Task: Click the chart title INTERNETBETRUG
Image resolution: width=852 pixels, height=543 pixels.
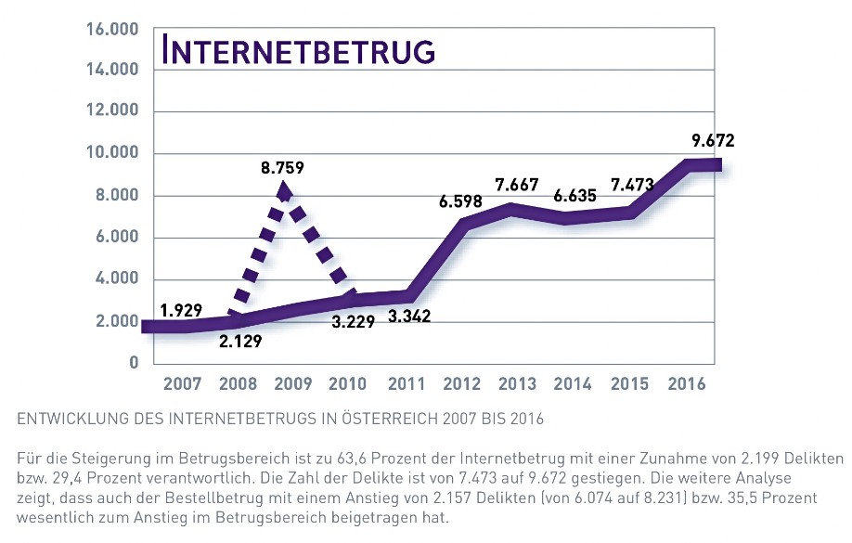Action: coord(299,51)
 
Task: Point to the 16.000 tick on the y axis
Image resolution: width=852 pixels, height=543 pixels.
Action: coord(112,30)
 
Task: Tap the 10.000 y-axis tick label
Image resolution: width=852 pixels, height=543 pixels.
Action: coord(112,153)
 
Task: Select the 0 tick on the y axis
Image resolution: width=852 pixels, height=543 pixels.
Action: coord(134,363)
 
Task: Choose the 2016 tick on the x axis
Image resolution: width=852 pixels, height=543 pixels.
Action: coord(687,384)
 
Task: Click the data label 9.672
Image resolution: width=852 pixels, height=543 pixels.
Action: coord(713,142)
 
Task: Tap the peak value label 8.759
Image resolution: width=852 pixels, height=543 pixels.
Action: coord(283,169)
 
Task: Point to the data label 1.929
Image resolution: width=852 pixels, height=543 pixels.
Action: coord(181,310)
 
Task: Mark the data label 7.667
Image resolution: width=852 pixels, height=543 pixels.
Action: coord(518,185)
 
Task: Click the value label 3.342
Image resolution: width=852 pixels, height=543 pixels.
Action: coord(407,317)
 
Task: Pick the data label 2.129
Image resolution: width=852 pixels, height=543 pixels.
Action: coord(240,341)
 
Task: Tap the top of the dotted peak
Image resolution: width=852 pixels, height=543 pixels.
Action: coord(284,188)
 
